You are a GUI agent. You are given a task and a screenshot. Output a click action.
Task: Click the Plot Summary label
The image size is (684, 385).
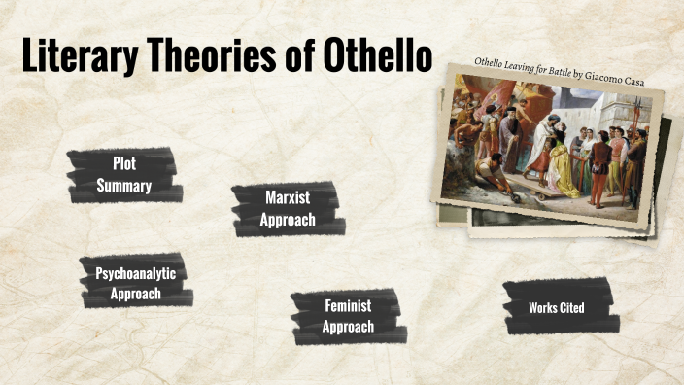pos(123,175)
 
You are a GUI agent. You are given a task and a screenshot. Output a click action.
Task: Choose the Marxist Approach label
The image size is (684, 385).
pos(288,209)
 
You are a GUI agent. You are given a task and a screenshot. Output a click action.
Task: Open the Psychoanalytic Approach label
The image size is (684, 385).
pos(135,283)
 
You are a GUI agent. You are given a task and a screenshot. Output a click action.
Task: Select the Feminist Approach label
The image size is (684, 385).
pos(348,316)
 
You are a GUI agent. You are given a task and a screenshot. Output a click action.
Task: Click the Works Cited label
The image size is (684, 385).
pos(557,308)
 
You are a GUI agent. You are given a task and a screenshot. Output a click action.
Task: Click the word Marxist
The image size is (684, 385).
pos(288,197)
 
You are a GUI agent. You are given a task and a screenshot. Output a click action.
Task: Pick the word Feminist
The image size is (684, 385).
pos(348,305)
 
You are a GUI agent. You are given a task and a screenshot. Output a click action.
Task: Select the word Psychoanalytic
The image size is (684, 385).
pos(135,273)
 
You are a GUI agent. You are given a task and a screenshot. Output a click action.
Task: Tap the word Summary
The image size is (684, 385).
pos(123,186)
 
